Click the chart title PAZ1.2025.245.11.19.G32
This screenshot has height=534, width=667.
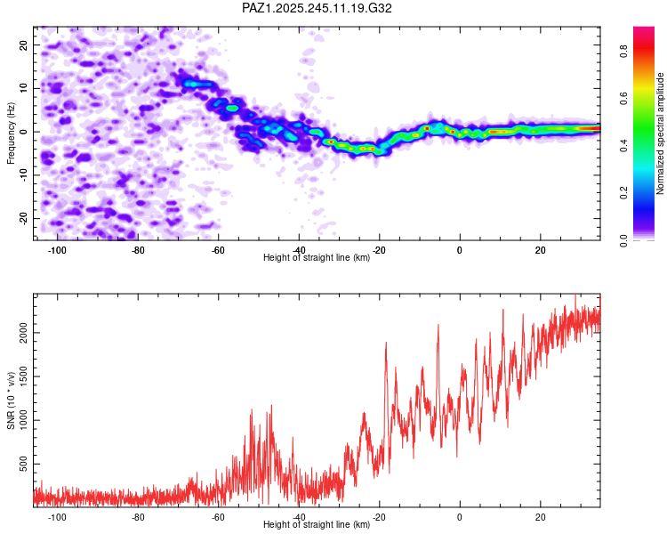tap(317, 8)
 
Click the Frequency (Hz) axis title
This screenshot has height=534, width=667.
tap(11, 133)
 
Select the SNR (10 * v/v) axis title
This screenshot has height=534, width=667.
tap(11, 400)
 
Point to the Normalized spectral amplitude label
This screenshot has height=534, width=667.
tap(660, 133)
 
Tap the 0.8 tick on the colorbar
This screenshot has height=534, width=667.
tap(623, 52)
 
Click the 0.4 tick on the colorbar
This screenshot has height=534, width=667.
tap(623, 146)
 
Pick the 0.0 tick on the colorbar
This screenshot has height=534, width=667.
tap(623, 240)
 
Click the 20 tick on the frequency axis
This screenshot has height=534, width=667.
tap(23, 44)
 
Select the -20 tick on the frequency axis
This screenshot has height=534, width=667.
tap(23, 218)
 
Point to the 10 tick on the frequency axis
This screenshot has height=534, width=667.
tap(23, 88)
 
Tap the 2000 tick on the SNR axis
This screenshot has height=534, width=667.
tap(23, 333)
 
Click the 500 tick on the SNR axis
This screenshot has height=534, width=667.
tap(23, 464)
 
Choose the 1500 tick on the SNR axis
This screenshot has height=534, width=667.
tap(23, 376)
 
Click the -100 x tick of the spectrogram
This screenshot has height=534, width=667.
tap(56, 250)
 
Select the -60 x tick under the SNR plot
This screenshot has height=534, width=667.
tap(218, 517)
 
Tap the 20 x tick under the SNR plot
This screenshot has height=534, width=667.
tap(540, 517)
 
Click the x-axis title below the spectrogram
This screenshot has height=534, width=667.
tap(317, 257)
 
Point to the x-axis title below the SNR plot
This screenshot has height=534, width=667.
tap(317, 524)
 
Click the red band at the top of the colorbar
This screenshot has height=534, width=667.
tap(644, 47)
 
